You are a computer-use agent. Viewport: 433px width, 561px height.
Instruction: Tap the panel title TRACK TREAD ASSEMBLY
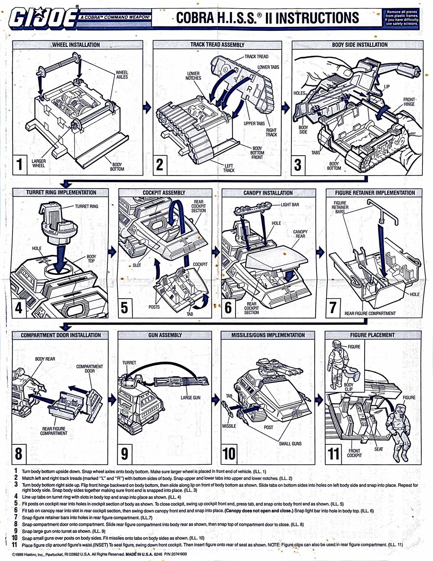tap(217, 45)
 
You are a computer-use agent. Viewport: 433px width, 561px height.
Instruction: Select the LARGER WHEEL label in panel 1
tap(39, 163)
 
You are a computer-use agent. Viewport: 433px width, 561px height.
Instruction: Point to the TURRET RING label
tap(87, 206)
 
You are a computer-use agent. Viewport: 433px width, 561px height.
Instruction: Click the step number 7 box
tap(333, 307)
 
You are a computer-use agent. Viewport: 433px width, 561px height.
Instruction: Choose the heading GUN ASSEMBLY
tap(165, 335)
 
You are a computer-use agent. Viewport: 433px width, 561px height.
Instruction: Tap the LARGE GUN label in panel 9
tap(191, 398)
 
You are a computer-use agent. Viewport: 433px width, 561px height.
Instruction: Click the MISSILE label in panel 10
tap(229, 426)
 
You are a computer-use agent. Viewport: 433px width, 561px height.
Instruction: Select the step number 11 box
tap(333, 453)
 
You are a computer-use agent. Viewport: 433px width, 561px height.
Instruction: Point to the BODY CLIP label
tap(349, 387)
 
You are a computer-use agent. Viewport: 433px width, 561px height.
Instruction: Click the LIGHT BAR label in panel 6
tap(290, 205)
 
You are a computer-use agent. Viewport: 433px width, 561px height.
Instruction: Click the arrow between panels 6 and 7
tap(321, 251)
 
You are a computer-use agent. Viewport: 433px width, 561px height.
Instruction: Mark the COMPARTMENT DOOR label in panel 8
tap(90, 369)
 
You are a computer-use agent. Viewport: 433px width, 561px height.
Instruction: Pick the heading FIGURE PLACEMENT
tap(372, 335)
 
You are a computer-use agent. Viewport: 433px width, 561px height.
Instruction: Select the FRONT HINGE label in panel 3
tap(409, 102)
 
